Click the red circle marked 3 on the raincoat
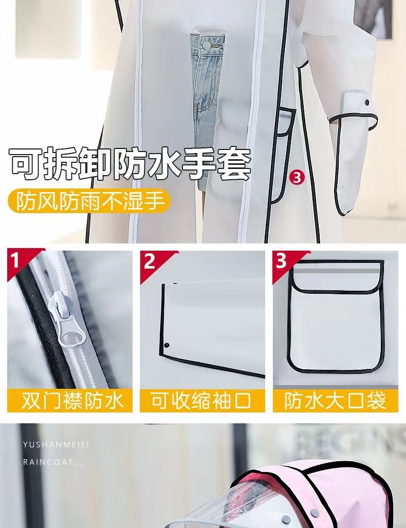(x=297, y=178)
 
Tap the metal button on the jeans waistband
(x=205, y=45)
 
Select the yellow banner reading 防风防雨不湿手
(x=89, y=201)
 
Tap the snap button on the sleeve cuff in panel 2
(x=167, y=345)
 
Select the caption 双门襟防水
(x=72, y=401)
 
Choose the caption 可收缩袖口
(x=201, y=401)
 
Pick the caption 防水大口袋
(x=335, y=401)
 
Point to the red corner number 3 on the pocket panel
(x=282, y=260)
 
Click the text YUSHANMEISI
(x=56, y=445)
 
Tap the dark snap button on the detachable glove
(x=367, y=102)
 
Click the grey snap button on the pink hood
(x=315, y=494)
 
